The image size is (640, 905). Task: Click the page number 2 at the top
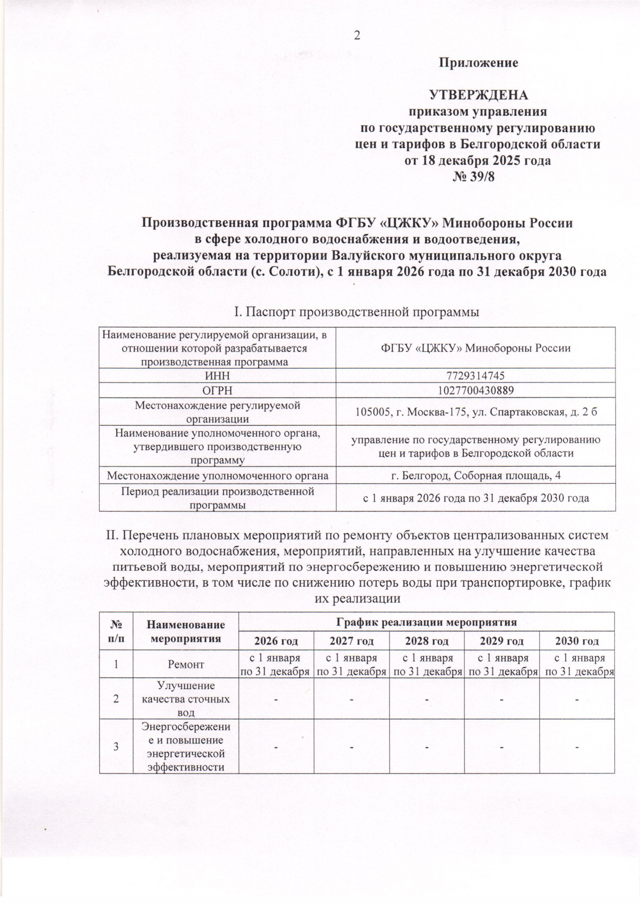(x=357, y=36)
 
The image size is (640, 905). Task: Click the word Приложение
(x=478, y=63)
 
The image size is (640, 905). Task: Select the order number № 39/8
(x=478, y=177)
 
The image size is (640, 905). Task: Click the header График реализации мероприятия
(x=426, y=622)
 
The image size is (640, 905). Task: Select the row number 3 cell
(x=116, y=746)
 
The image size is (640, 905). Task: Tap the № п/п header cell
(x=116, y=631)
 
